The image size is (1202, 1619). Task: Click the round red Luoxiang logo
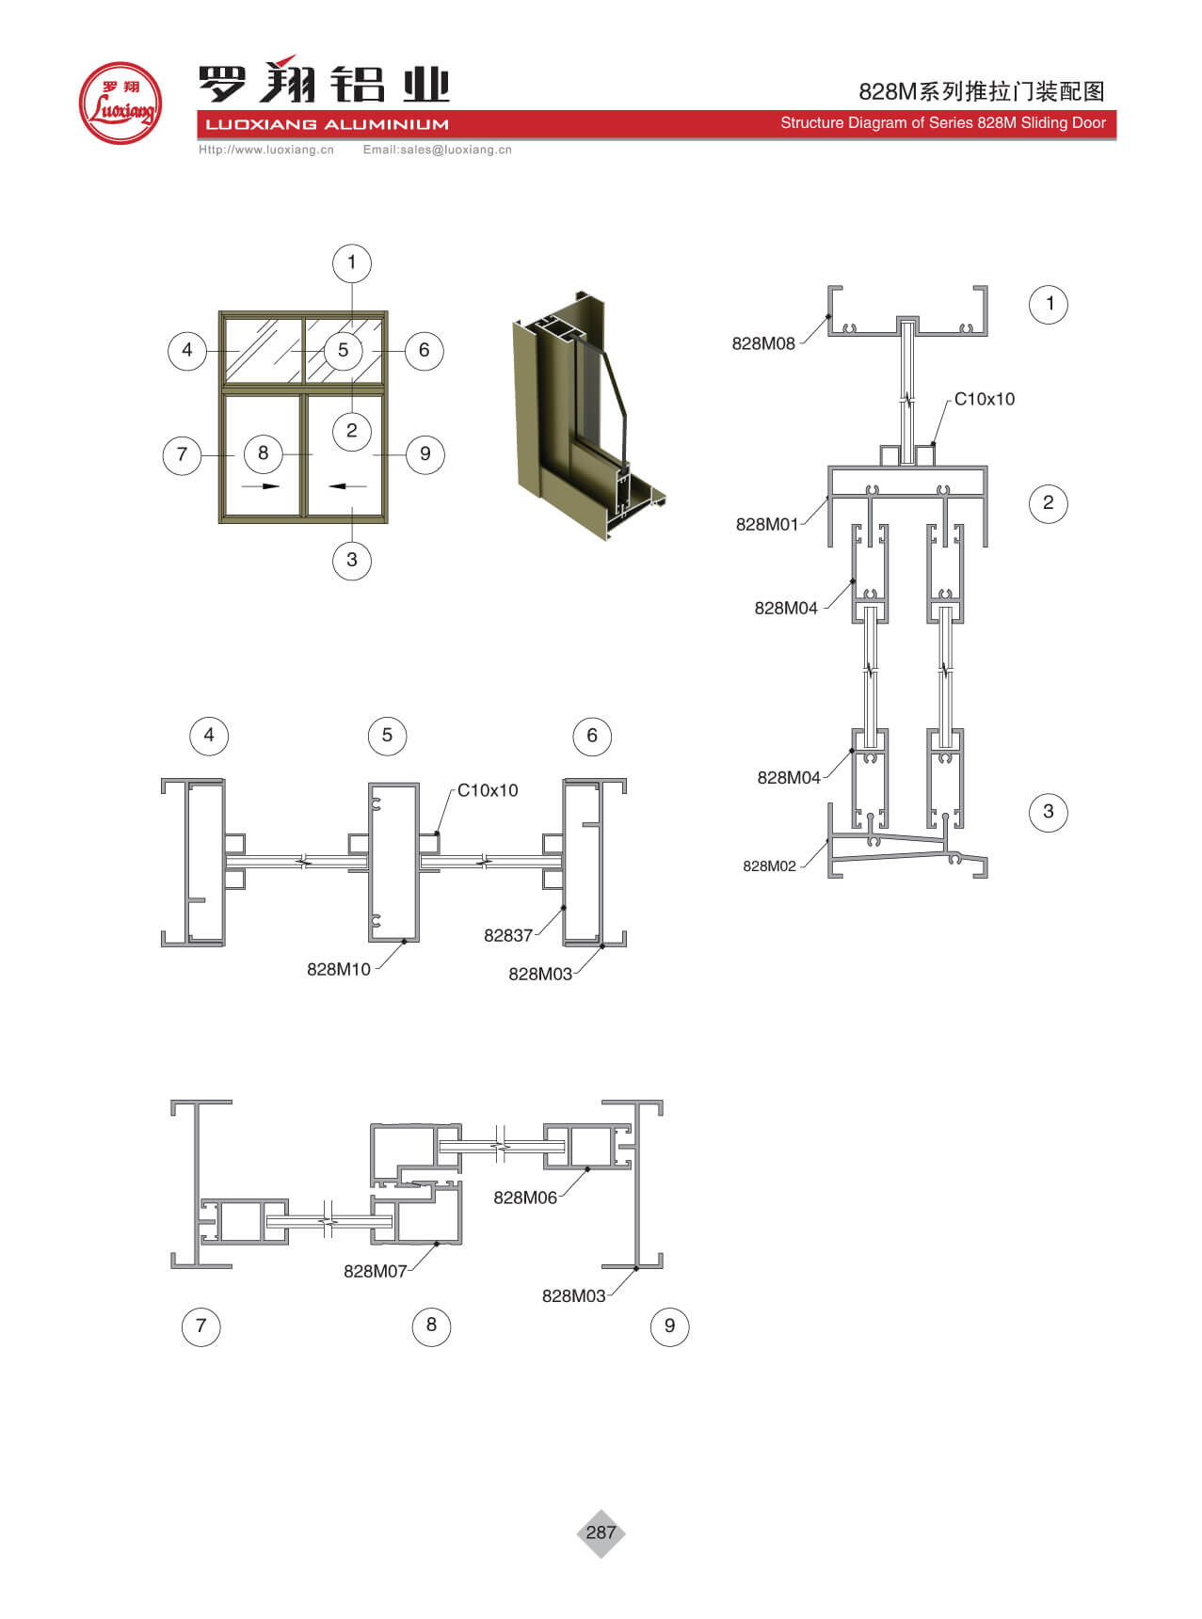[120, 103]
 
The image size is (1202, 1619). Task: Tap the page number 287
[601, 1532]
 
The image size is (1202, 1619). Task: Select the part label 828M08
[763, 343]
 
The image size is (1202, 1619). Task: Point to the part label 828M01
[767, 524]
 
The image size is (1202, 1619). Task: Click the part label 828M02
[769, 865]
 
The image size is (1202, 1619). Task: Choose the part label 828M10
[339, 969]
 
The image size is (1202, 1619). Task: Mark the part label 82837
[508, 935]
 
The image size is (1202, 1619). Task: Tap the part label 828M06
[525, 1197]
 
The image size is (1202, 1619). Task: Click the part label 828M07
[376, 1271]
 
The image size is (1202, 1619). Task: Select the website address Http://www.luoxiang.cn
[266, 150]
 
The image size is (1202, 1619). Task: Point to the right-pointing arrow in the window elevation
[261, 486]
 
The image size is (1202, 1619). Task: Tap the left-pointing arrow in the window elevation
[347, 486]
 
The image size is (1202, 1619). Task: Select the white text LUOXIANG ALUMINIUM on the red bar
[328, 124]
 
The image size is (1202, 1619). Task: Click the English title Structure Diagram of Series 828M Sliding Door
[943, 122]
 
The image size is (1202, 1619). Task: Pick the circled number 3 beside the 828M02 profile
[1049, 812]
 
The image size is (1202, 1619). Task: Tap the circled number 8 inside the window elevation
[264, 452]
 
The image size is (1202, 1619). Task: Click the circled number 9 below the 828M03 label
[669, 1325]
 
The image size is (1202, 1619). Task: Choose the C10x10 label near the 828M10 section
[488, 790]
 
